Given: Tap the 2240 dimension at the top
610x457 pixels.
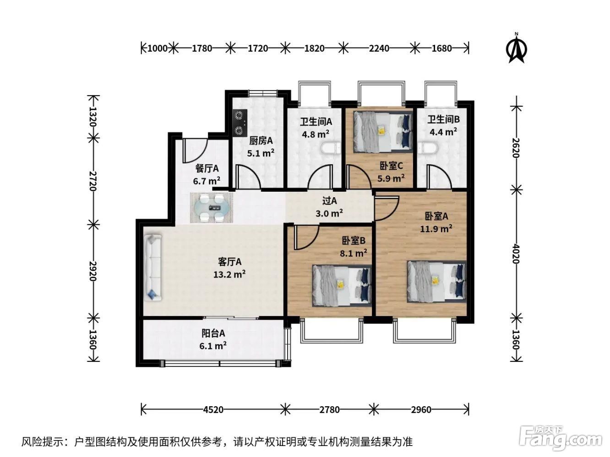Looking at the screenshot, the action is pos(379,48).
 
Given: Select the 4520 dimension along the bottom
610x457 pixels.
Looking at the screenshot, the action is pos(213,409).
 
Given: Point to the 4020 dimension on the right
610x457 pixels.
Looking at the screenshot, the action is pos(516,253).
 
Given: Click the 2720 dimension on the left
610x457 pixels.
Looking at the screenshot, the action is pos(93,181).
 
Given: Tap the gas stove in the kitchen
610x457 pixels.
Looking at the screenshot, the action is pos(240,123).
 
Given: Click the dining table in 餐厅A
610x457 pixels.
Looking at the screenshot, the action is pos(212,208).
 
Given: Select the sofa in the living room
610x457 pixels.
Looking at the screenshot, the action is pos(153,268).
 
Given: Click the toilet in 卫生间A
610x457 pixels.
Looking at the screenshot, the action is pos(331,148).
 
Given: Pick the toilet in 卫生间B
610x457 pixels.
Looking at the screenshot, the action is pos(427,148).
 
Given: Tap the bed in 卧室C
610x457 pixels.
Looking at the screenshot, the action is pos(383,132).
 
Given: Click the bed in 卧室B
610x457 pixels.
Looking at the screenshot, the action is pos(342,285).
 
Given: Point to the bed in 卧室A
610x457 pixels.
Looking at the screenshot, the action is pos(436,281).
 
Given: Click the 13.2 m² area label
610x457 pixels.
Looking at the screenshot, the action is pos(229,274).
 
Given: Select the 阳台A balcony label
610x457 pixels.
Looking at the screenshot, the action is pos(213,333).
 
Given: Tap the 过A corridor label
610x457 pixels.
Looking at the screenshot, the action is pos(329,201).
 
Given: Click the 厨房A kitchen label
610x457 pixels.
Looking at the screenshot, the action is pos(261,141).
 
